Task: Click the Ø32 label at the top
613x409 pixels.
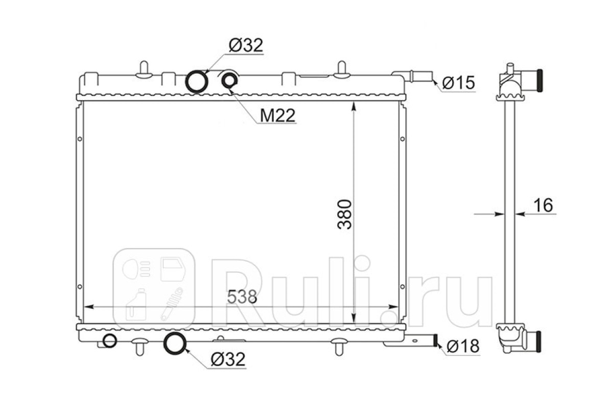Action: pos(246,45)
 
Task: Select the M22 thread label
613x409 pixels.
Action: pos(277,116)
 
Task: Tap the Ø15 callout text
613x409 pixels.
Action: pos(458,83)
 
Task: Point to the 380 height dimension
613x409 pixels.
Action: pos(344,215)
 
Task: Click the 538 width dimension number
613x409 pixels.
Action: pos(242,297)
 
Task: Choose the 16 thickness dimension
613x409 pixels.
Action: pos(543,205)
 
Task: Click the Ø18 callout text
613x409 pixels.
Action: pos(463,346)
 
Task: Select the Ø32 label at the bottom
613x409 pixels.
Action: pos(228,359)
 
